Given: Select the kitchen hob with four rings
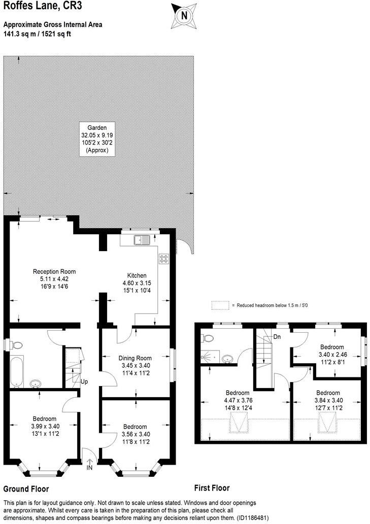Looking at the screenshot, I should [164, 259].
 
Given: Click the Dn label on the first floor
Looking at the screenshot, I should [277, 336].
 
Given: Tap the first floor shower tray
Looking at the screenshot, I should [209, 357].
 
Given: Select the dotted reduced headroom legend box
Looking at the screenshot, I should [220, 305].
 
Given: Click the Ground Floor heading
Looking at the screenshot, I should [26, 490].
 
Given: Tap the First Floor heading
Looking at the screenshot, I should [212, 488].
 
